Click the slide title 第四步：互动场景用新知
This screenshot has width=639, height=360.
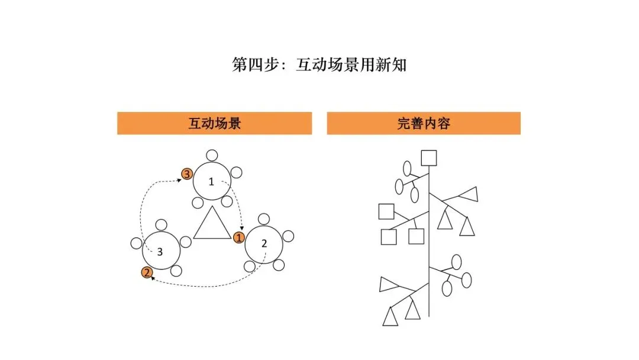click(319, 65)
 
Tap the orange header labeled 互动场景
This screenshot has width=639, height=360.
click(214, 123)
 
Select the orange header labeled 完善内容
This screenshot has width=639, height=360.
click(424, 123)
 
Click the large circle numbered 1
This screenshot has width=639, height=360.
click(211, 182)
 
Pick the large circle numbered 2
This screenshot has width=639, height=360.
click(264, 243)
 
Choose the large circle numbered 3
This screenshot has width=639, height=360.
click(160, 251)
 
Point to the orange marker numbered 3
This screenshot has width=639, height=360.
click(186, 174)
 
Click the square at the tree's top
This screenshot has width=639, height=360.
click(429, 158)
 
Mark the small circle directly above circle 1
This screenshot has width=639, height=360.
click(212, 155)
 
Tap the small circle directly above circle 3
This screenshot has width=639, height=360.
click(161, 225)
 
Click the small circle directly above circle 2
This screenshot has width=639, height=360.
click(264, 218)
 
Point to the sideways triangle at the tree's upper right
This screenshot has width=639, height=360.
click(467, 194)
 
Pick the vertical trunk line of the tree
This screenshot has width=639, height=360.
click(429, 249)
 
